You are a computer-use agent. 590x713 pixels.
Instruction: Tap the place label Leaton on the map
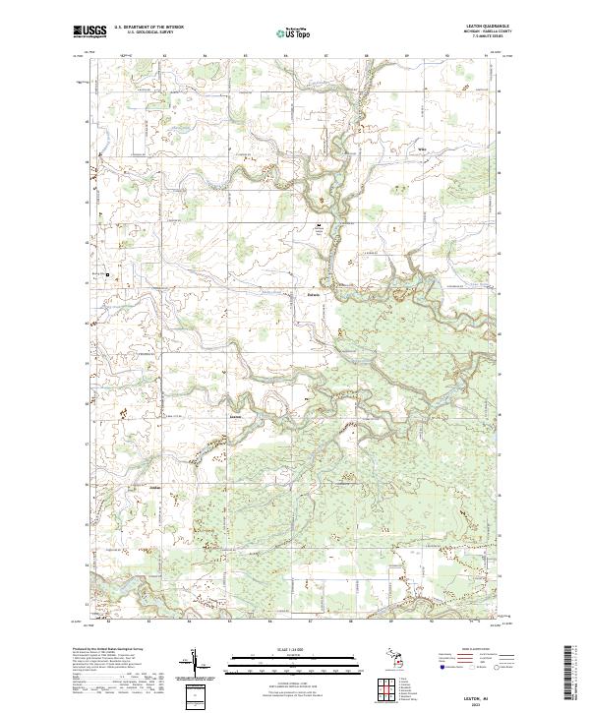pyautogui.click(x=235, y=417)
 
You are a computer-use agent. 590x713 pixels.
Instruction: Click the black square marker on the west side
pyautogui.click(x=108, y=274)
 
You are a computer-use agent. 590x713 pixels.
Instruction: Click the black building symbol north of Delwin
pyautogui.click(x=318, y=226)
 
